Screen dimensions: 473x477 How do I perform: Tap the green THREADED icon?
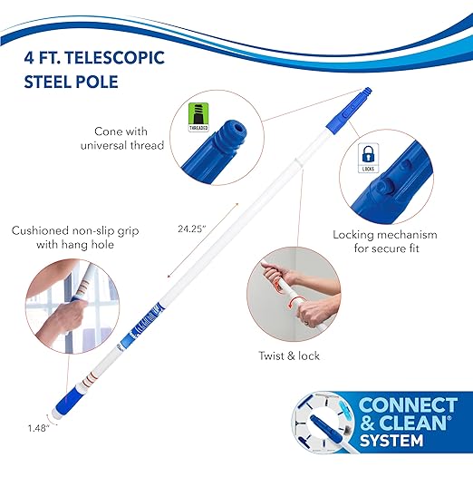click(198, 117)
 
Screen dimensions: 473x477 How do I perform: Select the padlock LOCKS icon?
click(368, 158)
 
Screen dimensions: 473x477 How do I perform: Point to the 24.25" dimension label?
click(192, 229)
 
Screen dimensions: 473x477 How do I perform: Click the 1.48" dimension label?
click(39, 428)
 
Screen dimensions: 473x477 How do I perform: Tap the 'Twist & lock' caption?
click(289, 355)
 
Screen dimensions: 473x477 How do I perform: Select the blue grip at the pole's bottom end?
click(66, 401)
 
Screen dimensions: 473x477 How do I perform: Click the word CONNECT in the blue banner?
click(408, 404)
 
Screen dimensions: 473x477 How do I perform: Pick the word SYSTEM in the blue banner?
click(391, 440)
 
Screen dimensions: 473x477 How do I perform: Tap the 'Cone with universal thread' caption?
click(122, 139)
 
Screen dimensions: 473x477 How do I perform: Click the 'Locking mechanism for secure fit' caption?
click(385, 241)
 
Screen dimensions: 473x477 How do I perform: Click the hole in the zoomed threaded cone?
click(239, 129)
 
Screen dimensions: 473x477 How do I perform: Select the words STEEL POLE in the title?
click(72, 82)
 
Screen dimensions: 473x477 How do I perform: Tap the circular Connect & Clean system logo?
click(324, 423)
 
